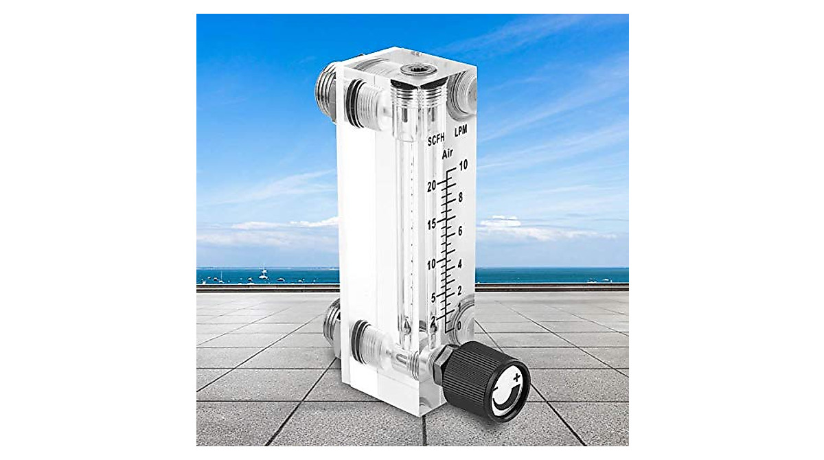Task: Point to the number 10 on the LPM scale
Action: pyautogui.click(x=463, y=165)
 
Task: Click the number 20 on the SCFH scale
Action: pyautogui.click(x=433, y=186)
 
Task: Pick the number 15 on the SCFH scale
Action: pyautogui.click(x=432, y=225)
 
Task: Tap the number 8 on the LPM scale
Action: pyautogui.click(x=461, y=197)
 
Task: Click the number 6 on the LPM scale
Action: pyautogui.click(x=460, y=231)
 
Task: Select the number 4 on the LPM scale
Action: pyautogui.click(x=460, y=264)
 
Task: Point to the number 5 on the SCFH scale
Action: pyautogui.click(x=433, y=297)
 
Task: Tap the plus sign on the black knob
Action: pyautogui.click(x=515, y=377)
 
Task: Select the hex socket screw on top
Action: pyautogui.click(x=415, y=69)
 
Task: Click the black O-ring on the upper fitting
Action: pyautogui.click(x=354, y=104)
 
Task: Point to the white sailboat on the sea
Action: pyautogui.click(x=263, y=275)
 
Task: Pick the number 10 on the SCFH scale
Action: pyautogui.click(x=432, y=264)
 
